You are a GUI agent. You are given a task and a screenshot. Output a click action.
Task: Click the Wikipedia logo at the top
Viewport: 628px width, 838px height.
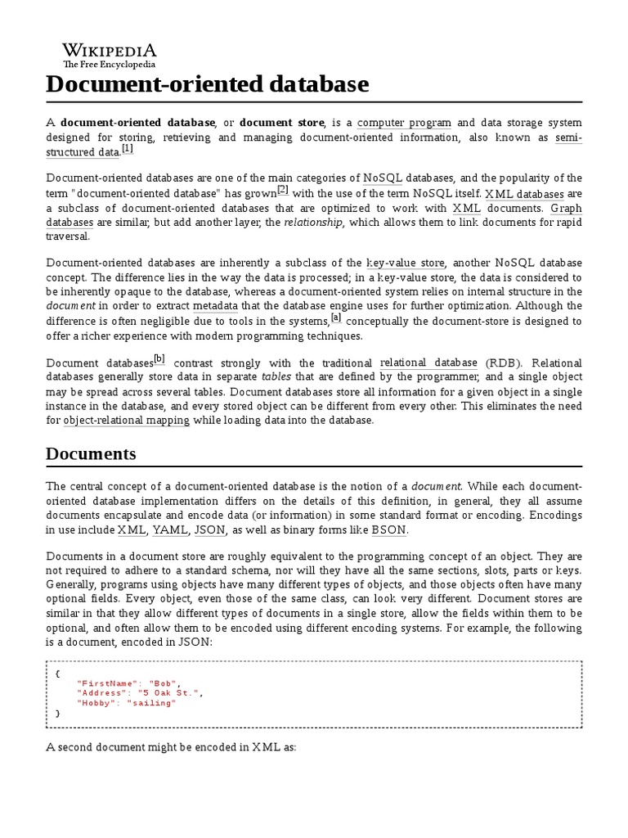[x=110, y=54]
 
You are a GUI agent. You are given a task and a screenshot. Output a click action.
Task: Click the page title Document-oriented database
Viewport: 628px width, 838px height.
[x=207, y=83]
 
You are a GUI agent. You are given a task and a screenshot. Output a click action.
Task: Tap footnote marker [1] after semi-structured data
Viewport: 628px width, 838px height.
[x=127, y=149]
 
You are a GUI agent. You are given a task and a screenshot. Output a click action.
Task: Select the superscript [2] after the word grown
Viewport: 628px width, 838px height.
[x=283, y=190]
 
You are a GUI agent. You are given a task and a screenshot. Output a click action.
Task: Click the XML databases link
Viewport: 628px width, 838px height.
[x=524, y=194]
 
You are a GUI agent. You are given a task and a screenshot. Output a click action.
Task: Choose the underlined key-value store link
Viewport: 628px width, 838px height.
[x=406, y=264]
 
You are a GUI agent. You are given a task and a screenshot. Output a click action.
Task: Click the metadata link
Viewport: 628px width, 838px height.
[x=215, y=306]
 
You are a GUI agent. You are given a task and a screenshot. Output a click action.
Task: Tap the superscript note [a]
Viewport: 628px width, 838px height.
[x=336, y=318]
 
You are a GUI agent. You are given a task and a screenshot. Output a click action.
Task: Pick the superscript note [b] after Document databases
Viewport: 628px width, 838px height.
[x=159, y=358]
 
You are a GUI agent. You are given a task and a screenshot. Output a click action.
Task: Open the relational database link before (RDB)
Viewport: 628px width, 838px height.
[x=428, y=363]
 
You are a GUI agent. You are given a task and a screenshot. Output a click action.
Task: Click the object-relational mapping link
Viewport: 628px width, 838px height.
[x=127, y=420]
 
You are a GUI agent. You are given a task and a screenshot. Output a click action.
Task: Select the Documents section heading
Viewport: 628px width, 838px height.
[x=91, y=454]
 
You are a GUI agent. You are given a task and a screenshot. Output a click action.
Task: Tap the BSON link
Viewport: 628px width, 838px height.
[x=388, y=529]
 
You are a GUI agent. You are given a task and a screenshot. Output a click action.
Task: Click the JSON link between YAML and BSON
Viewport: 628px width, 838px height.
[x=209, y=529]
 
